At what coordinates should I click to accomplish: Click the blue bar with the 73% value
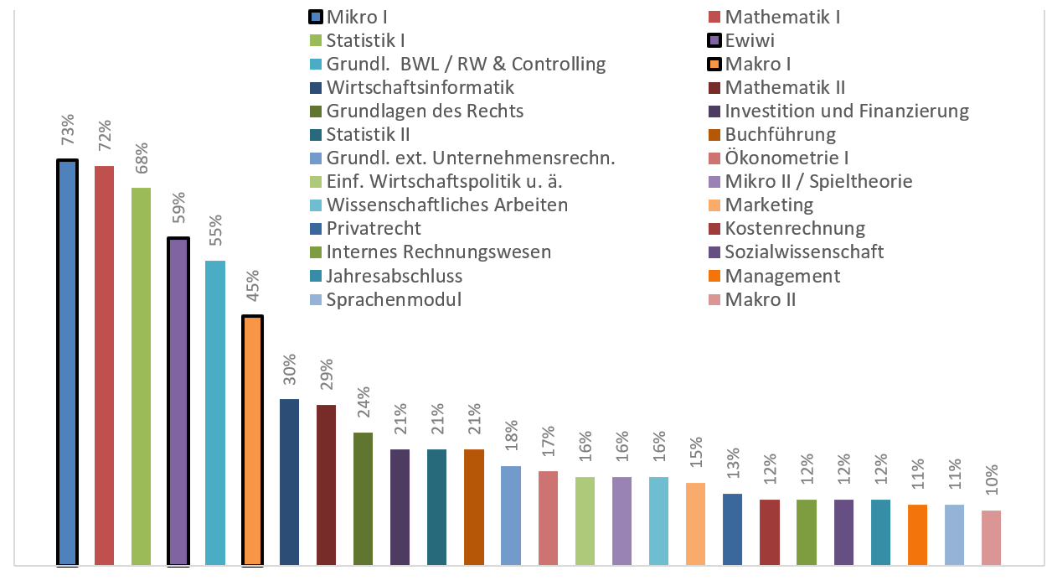pos(67,361)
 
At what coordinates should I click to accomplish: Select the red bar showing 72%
pos(104,365)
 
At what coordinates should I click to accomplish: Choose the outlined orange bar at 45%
pos(252,440)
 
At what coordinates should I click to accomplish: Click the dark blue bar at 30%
pos(289,481)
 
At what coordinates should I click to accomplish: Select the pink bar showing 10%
pos(991,537)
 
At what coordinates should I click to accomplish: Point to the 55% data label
pos(215,231)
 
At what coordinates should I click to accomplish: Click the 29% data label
pos(326,375)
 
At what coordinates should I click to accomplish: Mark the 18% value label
pos(510,437)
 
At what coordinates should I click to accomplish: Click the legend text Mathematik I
pos(782,17)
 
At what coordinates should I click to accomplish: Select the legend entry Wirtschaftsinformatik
pos(420,87)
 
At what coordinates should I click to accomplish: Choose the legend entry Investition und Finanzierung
pos(847,111)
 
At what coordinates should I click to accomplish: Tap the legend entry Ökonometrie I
pos(787,158)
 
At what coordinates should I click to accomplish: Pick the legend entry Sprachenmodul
pos(394,299)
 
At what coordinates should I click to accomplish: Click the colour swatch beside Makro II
pos(714,299)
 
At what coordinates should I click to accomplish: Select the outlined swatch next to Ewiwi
pos(714,40)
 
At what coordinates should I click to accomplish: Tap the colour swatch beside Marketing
pos(714,205)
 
